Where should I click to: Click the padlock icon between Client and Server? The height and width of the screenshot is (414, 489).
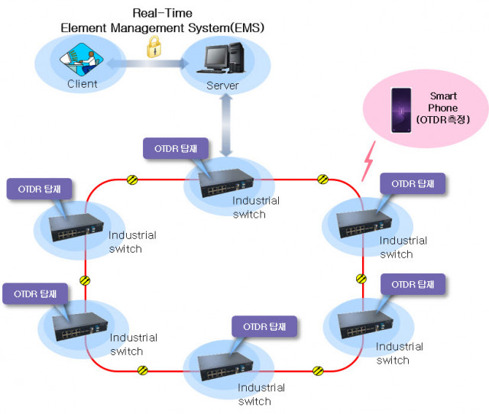[153, 47]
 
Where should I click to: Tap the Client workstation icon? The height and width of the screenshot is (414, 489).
[82, 60]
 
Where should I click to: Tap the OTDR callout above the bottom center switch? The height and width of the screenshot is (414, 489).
[264, 326]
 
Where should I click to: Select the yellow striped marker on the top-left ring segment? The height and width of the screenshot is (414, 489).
[132, 180]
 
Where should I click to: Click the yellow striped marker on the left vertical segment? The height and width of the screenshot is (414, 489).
[85, 280]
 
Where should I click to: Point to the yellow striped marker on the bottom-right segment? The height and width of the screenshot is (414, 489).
[318, 370]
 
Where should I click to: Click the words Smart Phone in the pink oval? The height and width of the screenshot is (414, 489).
[443, 102]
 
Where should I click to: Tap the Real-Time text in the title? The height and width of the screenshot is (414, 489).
[162, 14]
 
